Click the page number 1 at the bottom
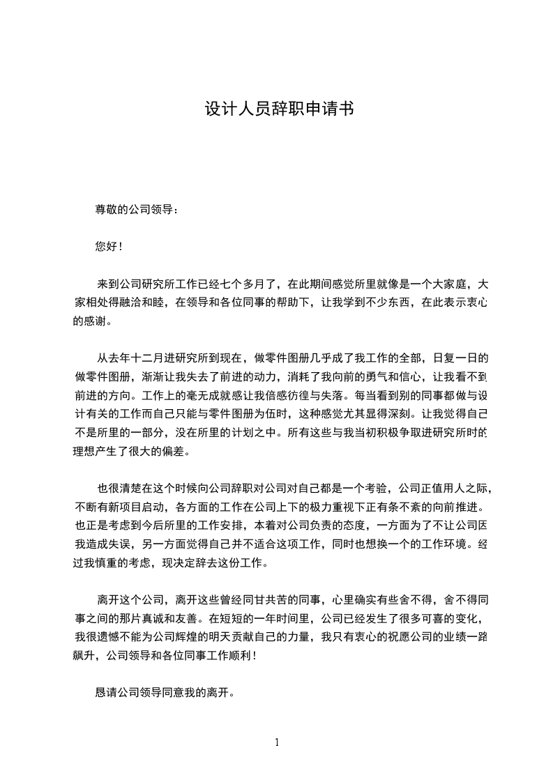pos(277,742)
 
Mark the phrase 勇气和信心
pos(359,377)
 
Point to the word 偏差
pos(176,451)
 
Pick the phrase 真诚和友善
pos(162,618)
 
